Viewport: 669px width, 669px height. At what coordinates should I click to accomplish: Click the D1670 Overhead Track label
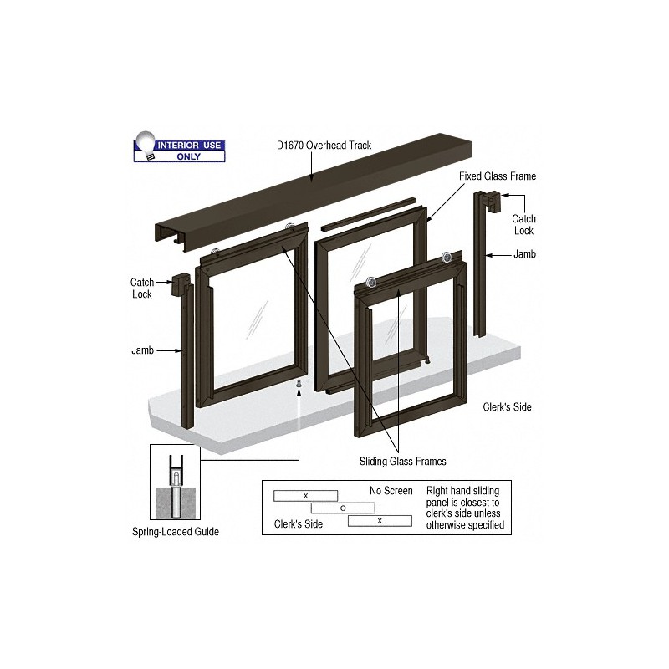tap(324, 146)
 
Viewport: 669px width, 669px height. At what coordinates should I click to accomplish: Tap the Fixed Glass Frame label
tap(498, 176)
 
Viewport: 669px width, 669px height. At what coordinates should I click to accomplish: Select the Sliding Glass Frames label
tap(403, 462)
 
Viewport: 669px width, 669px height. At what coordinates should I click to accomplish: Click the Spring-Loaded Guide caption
tap(176, 532)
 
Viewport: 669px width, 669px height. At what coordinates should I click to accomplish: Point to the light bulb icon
tap(145, 145)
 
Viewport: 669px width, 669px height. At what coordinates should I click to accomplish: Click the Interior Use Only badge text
tap(189, 151)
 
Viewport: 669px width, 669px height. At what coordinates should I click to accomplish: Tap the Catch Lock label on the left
tap(142, 288)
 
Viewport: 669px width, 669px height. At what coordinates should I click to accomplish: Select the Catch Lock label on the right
tap(523, 225)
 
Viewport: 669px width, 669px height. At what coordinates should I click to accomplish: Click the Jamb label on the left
tap(142, 350)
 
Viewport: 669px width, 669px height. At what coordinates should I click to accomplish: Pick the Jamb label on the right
tap(525, 254)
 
